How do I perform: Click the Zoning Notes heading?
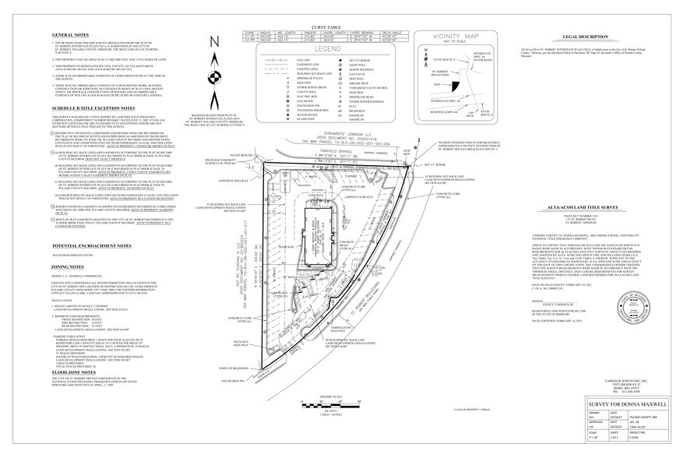pos(68,287)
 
